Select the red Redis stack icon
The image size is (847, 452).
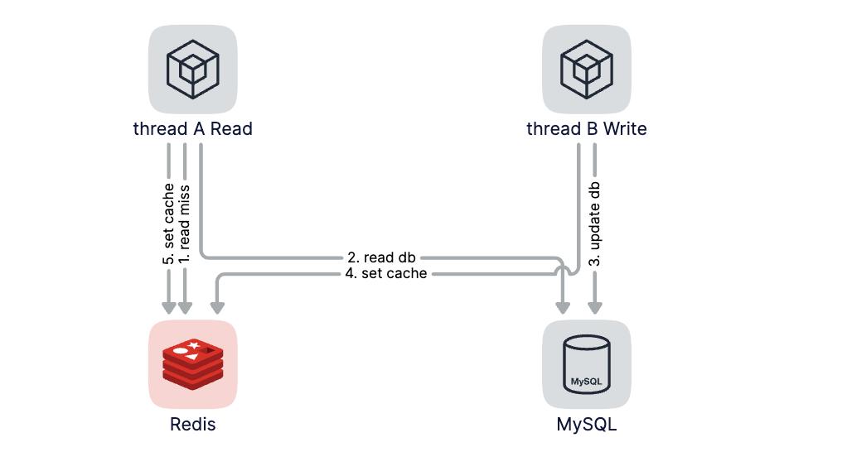pos(193,363)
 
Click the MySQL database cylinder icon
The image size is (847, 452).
pos(587,363)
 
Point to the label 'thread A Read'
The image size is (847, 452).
pos(193,129)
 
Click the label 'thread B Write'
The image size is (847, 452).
pos(587,129)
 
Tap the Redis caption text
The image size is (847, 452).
pos(193,425)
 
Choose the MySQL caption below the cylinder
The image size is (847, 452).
pos(587,425)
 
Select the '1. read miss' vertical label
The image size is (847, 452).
pos(185,217)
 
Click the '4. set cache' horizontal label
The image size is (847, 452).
pos(386,273)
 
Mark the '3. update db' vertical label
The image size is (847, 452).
pos(595,224)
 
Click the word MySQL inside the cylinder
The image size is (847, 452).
pos(587,382)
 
